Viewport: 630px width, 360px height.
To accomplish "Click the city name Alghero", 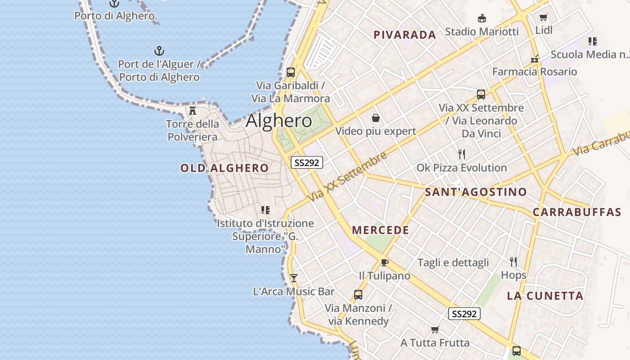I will [x=279, y=121].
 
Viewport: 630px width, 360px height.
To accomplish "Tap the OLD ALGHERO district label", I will [x=224, y=168].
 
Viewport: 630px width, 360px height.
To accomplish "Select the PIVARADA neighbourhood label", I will [x=405, y=35].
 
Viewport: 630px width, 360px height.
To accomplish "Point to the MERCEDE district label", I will [x=380, y=230].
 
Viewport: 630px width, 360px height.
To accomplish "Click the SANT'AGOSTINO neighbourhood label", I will [x=476, y=192].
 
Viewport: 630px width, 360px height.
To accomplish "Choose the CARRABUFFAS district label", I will [x=576, y=212].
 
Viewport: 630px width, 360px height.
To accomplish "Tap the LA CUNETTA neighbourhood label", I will [x=545, y=296].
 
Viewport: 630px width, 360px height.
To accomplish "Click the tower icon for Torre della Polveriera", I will [x=193, y=110].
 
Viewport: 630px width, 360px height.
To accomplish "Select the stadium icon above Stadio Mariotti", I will [x=481, y=18].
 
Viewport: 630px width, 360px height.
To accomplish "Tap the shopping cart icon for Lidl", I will [x=543, y=18].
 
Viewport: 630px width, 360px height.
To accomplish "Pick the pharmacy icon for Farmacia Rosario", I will [x=535, y=59].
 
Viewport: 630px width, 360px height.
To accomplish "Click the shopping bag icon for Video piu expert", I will [x=375, y=118].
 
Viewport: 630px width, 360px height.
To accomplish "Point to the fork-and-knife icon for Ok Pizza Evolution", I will [x=461, y=154].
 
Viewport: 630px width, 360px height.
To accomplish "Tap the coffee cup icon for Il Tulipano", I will [x=384, y=262].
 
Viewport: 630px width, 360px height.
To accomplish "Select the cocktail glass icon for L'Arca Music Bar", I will [x=293, y=278].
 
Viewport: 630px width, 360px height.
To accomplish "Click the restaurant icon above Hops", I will [x=513, y=261].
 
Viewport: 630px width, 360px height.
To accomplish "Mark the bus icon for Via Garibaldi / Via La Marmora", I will [x=290, y=72].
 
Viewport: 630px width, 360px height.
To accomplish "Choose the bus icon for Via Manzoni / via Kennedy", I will [x=358, y=295].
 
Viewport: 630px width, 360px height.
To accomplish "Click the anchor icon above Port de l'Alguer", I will [x=159, y=50].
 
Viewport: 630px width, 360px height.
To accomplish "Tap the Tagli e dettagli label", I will [x=453, y=263].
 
